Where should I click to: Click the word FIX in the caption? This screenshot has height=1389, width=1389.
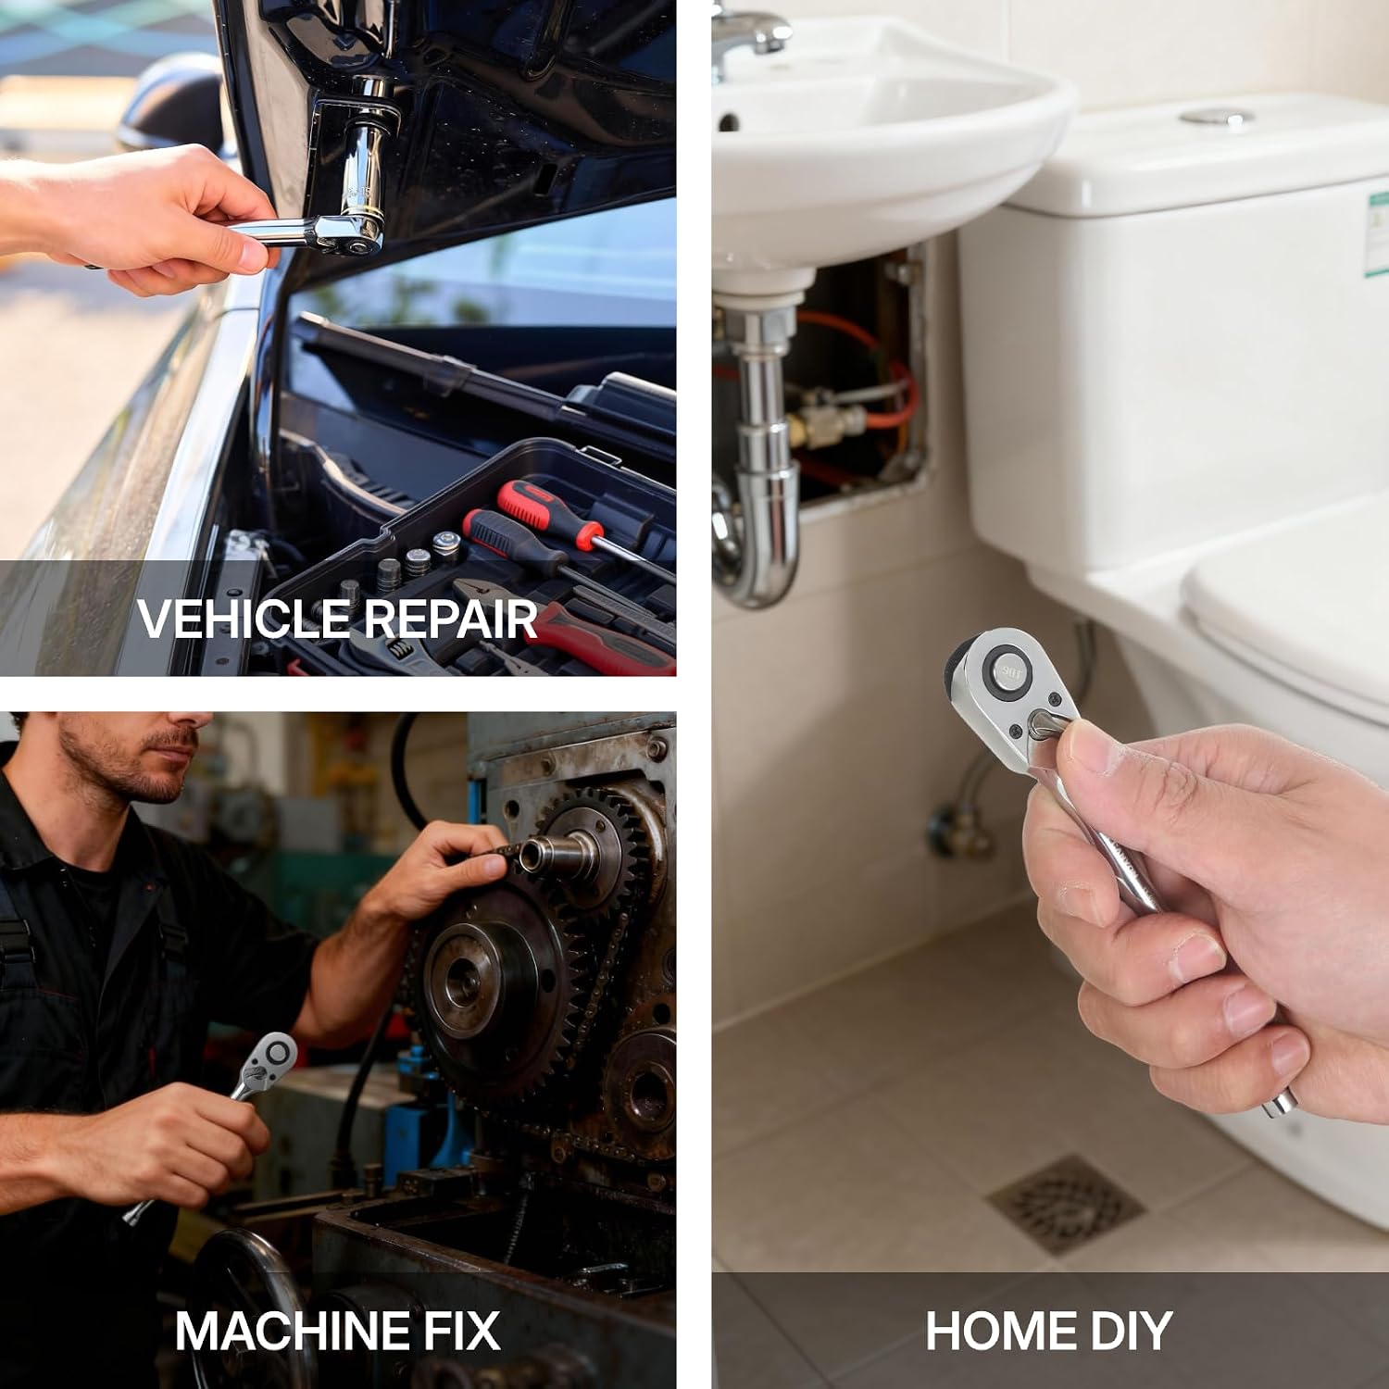tap(461, 1331)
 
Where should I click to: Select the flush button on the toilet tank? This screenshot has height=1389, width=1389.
tap(1215, 118)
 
